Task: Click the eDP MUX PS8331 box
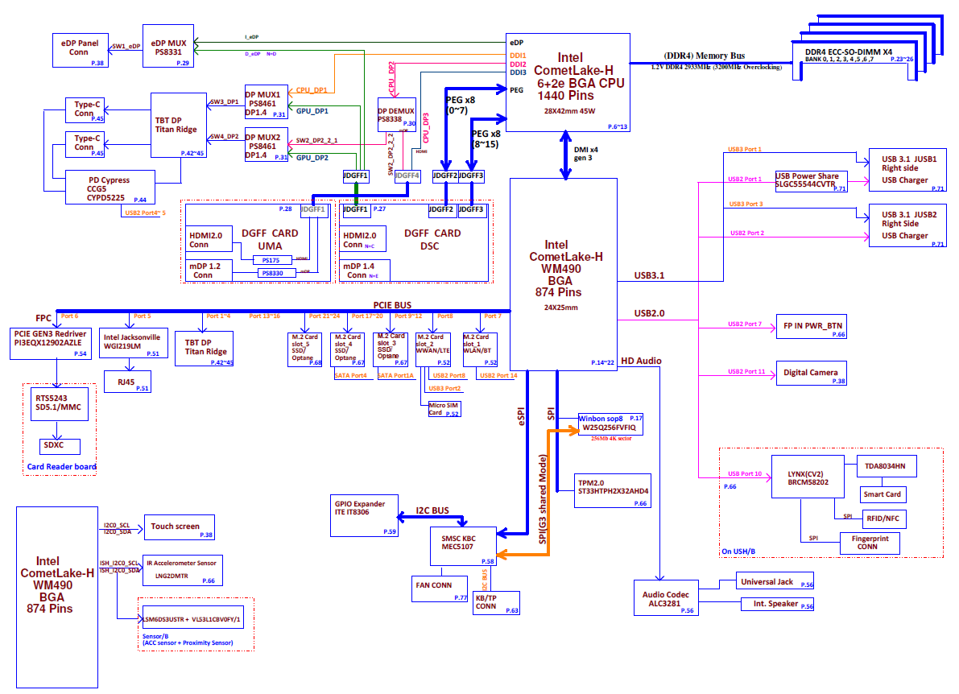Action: [x=170, y=50]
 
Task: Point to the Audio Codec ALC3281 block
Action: [x=664, y=597]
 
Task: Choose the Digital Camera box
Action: [x=812, y=373]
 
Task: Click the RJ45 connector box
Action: [x=127, y=382]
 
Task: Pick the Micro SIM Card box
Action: [x=444, y=408]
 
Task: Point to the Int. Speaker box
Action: [x=776, y=604]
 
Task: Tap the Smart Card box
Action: [x=882, y=494]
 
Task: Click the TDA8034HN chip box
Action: [x=884, y=466]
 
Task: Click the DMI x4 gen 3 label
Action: [x=585, y=153]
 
